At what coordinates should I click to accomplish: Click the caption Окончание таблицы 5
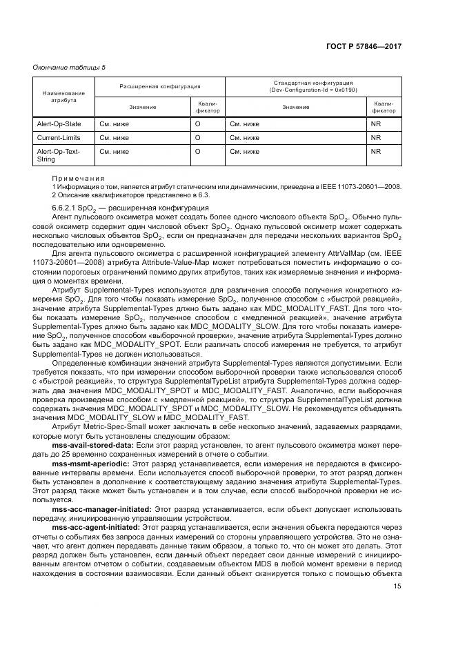(69, 67)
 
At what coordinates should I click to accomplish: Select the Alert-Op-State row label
(59, 124)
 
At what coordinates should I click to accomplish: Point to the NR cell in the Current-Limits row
(376, 137)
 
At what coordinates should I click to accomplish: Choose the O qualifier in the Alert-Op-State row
(197, 124)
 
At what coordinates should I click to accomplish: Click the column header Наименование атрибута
(63, 97)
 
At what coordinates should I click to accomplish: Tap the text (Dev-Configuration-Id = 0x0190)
(314, 90)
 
